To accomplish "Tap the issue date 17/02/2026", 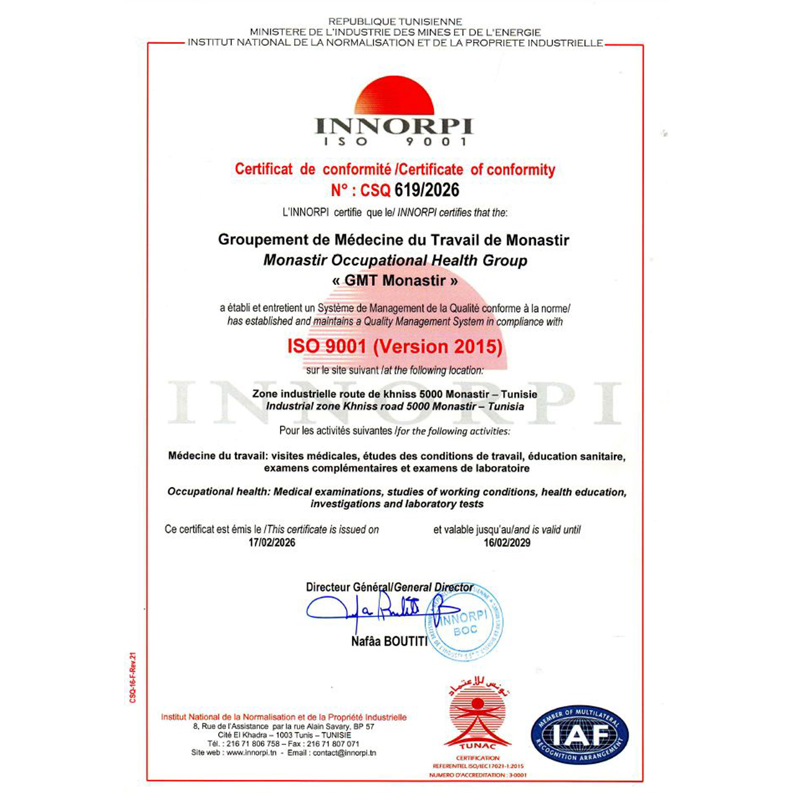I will [272, 543].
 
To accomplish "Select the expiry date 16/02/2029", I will [507, 543].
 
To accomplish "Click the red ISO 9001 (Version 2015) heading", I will [395, 346].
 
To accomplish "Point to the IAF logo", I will [579, 735].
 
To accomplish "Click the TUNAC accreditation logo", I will [478, 719].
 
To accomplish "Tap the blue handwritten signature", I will [372, 610].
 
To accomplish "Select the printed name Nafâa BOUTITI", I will [389, 642].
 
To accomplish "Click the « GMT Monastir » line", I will [395, 281].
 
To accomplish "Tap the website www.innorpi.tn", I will [251, 753].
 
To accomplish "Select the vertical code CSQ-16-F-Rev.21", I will [133, 678].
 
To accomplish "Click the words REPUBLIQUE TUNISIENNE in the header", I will [395, 22].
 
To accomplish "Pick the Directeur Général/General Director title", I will [389, 587].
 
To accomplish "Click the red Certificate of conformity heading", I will [395, 169].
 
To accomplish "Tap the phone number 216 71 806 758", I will [253, 743].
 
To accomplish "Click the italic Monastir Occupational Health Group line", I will [395, 260].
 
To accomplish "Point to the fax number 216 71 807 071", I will [336, 743].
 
